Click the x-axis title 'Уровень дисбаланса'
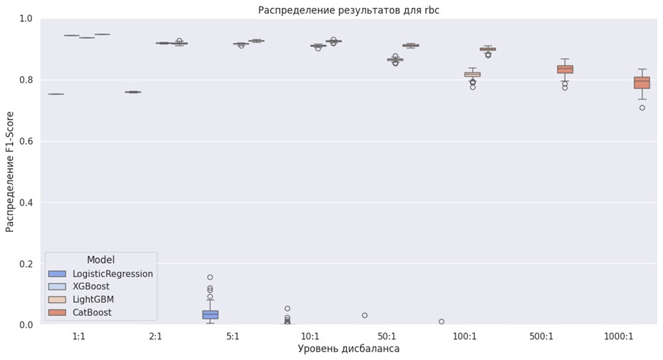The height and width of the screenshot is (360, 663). (348, 349)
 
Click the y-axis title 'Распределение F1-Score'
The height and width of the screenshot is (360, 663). (10, 171)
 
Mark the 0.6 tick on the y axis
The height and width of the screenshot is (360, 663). (26, 141)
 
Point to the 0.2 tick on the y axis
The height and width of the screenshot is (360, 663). (26, 264)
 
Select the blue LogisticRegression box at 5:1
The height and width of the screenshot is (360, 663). (210, 314)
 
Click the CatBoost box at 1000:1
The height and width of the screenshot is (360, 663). (642, 83)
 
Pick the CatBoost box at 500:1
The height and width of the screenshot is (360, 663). (565, 69)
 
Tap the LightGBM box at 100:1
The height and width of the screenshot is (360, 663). (472, 74)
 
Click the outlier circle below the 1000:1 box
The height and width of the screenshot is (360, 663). (642, 108)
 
